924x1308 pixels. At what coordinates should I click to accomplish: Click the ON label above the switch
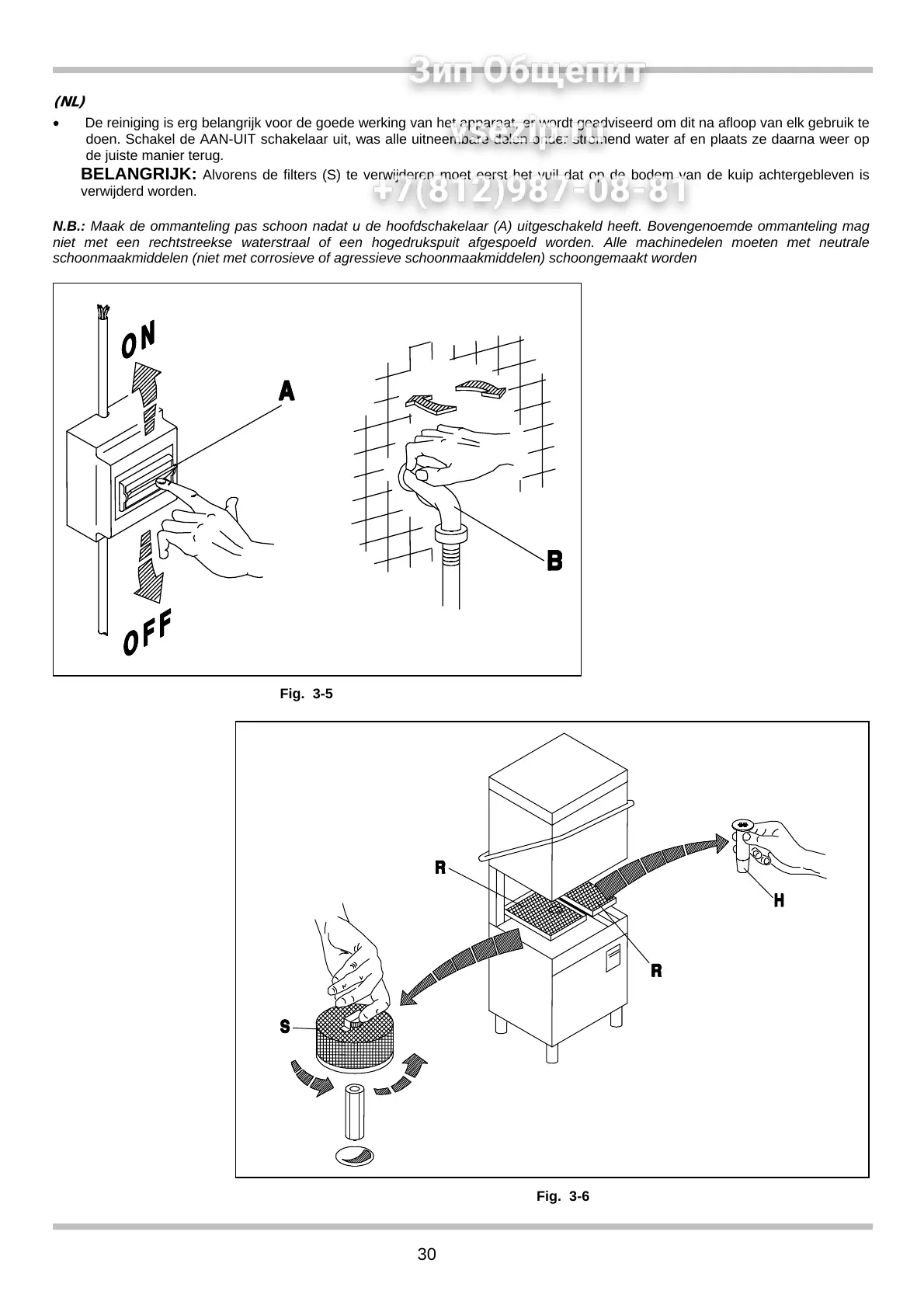pos(139,339)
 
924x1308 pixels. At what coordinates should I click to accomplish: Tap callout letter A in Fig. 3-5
pos(287,391)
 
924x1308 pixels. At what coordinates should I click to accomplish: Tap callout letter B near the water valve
pos(554,560)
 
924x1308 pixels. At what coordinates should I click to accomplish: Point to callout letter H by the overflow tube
pos(778,900)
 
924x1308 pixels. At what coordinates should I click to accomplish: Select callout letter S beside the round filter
pos(285,1027)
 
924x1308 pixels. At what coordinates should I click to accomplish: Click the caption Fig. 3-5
pos(306,694)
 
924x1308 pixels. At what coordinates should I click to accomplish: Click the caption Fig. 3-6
pos(563,1197)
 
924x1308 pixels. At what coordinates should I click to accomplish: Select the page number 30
pos(427,1254)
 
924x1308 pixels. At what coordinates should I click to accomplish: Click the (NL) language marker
pos(68,102)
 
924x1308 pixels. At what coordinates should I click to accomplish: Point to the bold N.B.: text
pos(68,227)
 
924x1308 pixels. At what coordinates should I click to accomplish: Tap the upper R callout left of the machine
pos(439,867)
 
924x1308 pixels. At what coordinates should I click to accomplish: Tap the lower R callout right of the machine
pos(656,970)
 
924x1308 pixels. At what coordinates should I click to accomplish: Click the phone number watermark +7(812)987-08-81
pos(531,191)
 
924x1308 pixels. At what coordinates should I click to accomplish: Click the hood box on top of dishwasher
pos(558,808)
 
